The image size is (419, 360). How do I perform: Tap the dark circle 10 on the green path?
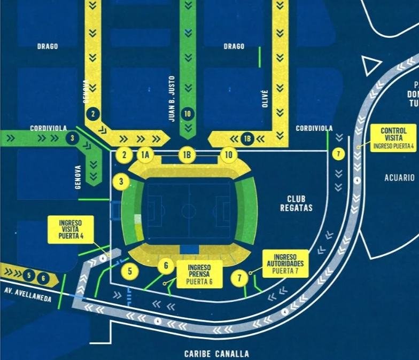[x=187, y=113]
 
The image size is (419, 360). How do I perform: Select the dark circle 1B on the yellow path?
[x=247, y=138]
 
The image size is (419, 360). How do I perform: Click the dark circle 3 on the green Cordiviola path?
[x=72, y=138]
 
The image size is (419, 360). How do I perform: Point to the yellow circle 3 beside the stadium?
[x=121, y=182]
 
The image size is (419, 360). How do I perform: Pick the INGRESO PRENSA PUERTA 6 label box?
[x=198, y=275]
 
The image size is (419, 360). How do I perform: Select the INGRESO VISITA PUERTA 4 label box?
[x=71, y=230]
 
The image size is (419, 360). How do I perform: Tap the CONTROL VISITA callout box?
[x=393, y=138]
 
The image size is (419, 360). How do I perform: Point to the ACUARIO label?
[x=399, y=178]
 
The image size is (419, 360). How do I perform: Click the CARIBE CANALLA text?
[x=216, y=354]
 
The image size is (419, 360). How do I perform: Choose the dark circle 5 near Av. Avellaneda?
[x=30, y=276]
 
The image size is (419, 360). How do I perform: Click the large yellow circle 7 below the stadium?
[x=239, y=278]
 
